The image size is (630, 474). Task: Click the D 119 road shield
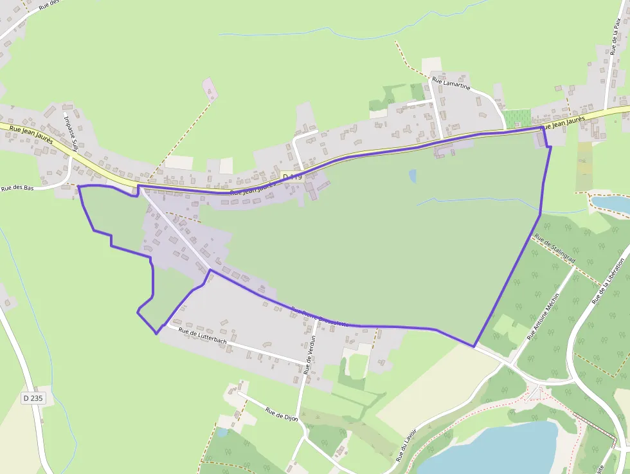[292, 177]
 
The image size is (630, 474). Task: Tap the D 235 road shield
[33, 398]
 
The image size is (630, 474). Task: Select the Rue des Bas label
[17, 188]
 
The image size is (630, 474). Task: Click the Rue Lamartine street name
[451, 84]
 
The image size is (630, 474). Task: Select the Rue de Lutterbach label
[203, 335]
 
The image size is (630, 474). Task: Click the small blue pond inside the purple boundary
[412, 176]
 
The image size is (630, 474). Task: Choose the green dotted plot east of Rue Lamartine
[517, 119]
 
